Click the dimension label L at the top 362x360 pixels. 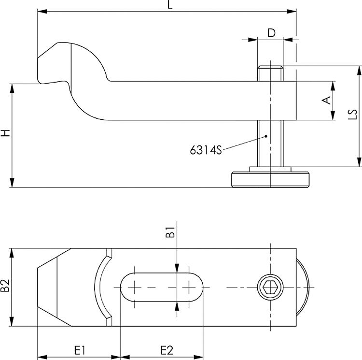169,5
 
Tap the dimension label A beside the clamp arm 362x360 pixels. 327,100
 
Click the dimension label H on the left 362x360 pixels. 5,133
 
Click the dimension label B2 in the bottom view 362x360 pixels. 5,287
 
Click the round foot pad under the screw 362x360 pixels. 270,179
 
